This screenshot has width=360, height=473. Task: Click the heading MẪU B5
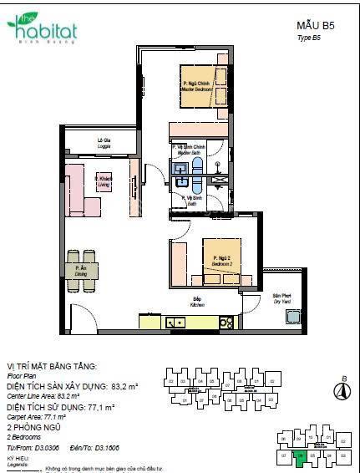(x=315, y=27)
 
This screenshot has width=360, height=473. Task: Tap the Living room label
(x=104, y=181)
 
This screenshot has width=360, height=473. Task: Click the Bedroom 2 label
(x=221, y=260)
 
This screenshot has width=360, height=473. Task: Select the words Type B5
(x=308, y=39)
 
